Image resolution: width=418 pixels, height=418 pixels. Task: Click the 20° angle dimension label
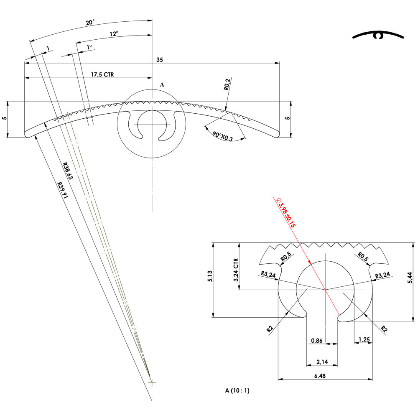(x=90, y=23)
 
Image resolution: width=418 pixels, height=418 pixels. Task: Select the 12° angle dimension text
(x=114, y=34)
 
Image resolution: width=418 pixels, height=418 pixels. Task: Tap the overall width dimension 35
(x=160, y=60)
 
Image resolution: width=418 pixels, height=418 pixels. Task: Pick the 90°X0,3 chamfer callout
(x=222, y=136)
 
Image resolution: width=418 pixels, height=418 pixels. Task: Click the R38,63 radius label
(x=67, y=171)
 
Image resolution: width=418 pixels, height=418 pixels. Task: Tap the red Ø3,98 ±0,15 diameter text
(x=287, y=213)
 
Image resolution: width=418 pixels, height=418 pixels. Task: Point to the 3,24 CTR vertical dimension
(x=236, y=270)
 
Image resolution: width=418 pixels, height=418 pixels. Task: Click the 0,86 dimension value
(x=317, y=341)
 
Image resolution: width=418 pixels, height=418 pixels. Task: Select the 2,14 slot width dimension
(x=322, y=361)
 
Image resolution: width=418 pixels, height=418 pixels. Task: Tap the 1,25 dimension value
(x=364, y=340)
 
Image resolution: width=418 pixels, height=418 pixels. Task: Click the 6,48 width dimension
(x=320, y=376)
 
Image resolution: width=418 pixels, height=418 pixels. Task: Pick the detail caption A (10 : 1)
(x=237, y=391)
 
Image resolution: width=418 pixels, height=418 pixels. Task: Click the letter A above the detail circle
(x=163, y=84)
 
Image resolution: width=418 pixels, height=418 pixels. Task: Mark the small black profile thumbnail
(x=379, y=36)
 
